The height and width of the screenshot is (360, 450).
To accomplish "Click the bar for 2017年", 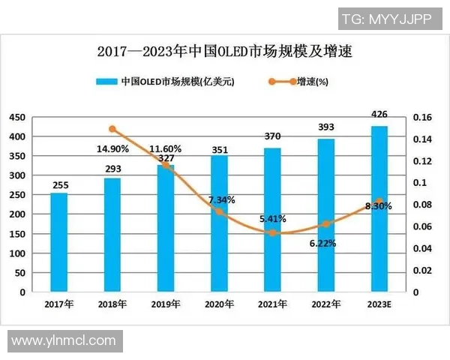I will pos(58,242).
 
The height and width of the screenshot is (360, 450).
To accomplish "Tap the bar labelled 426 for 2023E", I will pos(379,208).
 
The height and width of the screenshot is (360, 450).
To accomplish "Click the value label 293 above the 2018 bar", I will pos(112,169).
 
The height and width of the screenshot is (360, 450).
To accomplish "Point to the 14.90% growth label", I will pos(112,148).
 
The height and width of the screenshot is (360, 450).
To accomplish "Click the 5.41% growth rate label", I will pos(272,220).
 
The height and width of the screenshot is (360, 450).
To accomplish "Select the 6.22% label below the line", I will pos(323,244).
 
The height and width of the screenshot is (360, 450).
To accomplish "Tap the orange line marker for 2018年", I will pos(112,130).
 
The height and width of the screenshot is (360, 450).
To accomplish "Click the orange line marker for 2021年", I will pos(272,233).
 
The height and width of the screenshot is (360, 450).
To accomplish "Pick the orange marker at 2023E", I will pos(379,202).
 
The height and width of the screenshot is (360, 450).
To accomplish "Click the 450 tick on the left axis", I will pos(17,118).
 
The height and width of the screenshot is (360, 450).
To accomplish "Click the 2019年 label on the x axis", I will pos(165,304).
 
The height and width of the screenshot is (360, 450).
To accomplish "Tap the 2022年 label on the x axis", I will pos(325,304).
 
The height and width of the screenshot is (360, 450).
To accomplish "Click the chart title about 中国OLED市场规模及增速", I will pos(225,52).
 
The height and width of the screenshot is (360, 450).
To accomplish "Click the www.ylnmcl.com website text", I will pos(63,341).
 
